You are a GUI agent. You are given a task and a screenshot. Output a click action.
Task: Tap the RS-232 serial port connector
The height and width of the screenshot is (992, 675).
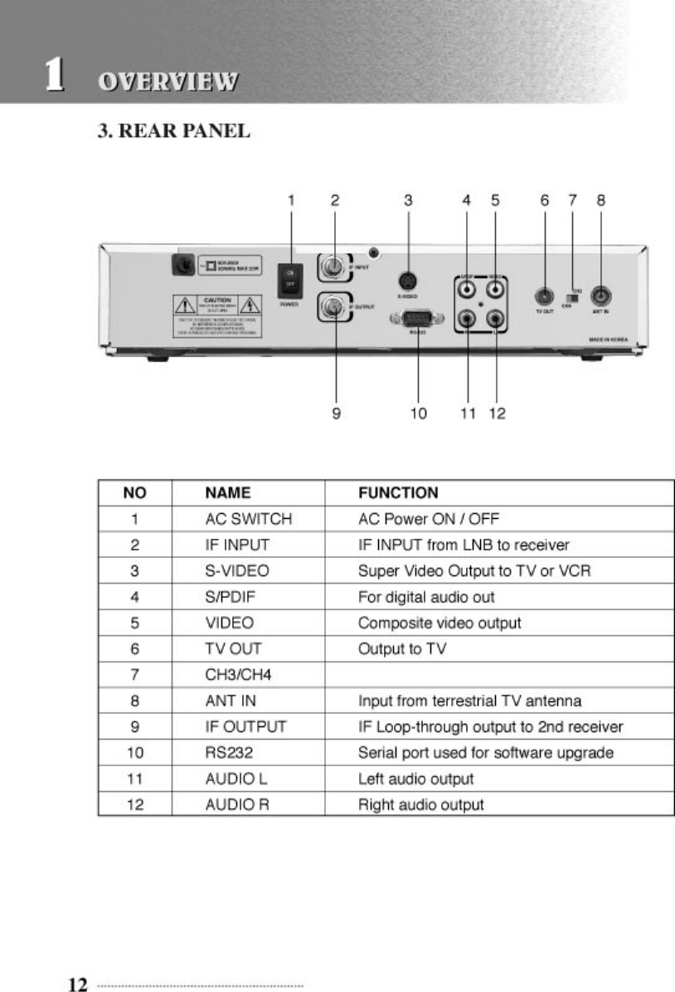[x=418, y=318]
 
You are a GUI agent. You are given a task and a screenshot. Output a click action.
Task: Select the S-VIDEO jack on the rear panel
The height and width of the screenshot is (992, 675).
[x=408, y=281]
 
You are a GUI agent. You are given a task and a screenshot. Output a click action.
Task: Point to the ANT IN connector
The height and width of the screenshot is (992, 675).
[x=600, y=295]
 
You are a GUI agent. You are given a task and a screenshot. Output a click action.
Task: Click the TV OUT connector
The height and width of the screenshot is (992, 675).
[x=544, y=295]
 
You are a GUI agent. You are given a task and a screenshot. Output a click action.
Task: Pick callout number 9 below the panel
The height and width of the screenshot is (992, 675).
[x=336, y=412]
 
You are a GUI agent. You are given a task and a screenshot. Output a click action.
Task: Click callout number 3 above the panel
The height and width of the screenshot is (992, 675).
[x=408, y=200]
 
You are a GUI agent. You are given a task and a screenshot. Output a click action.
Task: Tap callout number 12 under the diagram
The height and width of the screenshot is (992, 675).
[x=496, y=412]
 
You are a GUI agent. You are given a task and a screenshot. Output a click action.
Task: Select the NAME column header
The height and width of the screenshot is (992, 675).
[x=227, y=493]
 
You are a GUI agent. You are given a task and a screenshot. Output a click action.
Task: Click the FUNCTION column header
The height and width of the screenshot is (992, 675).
[x=398, y=493]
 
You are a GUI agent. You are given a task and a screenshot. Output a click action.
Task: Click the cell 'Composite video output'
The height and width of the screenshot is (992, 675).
[x=439, y=623]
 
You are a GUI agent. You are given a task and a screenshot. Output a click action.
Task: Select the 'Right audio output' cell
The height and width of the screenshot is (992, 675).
[x=421, y=804]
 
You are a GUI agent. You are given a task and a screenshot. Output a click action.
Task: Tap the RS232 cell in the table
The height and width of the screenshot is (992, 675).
[x=226, y=753]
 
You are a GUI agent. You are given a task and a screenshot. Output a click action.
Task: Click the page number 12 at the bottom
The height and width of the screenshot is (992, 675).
[x=77, y=985]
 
